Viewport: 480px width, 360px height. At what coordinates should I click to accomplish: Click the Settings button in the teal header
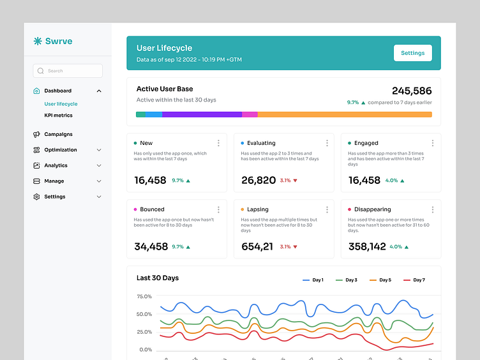(412, 53)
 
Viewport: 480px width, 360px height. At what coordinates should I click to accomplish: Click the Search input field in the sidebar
(68, 71)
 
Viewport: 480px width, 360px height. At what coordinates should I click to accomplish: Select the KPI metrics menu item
(58, 116)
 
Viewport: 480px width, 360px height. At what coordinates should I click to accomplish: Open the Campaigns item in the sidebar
(58, 134)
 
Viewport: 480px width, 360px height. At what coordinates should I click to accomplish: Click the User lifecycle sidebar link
(61, 103)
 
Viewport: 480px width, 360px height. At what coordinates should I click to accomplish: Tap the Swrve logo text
(58, 41)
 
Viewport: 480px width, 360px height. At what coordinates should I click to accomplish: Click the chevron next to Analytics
(99, 165)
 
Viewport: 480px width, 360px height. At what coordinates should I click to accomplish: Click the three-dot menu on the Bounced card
(218, 209)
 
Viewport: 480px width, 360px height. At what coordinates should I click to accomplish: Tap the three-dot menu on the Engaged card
(432, 143)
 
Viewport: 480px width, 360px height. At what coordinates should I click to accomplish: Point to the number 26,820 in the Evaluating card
(259, 181)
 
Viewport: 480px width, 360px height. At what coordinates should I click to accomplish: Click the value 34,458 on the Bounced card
(151, 246)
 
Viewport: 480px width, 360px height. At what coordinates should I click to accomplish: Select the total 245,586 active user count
(411, 91)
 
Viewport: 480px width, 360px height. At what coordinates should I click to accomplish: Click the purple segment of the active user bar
(202, 114)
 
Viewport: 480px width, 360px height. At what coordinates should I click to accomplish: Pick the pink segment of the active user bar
(250, 114)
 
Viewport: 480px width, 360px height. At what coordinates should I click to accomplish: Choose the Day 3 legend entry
(347, 280)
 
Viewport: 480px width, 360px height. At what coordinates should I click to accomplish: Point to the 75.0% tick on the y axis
(144, 296)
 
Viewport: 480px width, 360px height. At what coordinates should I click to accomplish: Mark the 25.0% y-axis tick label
(144, 332)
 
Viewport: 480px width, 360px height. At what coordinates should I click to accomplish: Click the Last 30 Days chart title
(158, 278)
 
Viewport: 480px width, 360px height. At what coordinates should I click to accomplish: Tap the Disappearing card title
(372, 209)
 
